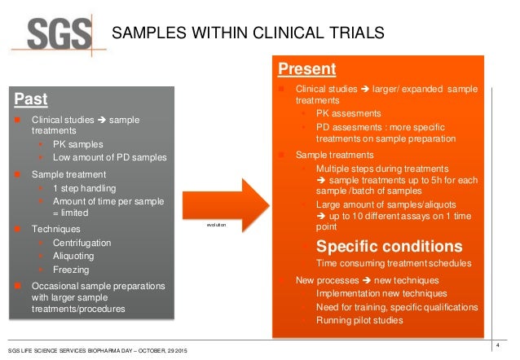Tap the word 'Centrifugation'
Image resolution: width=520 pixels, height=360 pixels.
82,243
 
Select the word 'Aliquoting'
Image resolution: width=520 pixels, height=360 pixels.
75,255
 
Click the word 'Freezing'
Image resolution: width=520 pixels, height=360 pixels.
72,268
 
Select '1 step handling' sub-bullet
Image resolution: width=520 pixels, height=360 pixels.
86,188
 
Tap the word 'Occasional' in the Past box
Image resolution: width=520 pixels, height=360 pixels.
56,286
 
